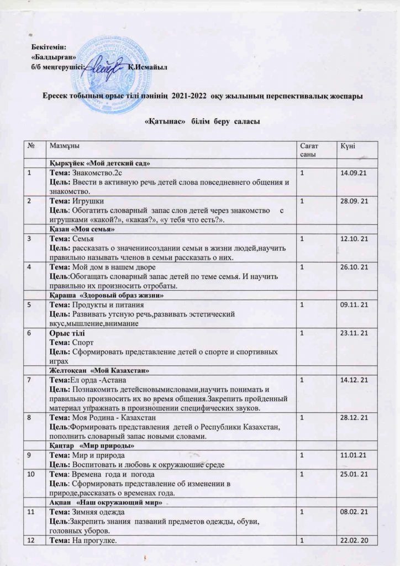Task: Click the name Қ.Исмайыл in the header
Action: (146, 67)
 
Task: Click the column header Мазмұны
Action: (64, 145)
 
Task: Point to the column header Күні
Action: (348, 145)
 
